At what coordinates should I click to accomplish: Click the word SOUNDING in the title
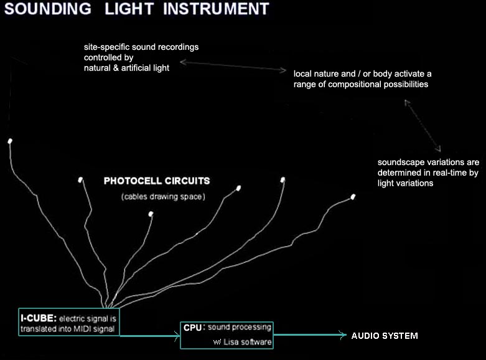pos(48,8)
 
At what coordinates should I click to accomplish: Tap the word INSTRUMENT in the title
pos(216,8)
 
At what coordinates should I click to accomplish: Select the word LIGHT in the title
pos(129,8)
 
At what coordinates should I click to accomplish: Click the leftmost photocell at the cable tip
pos(10,141)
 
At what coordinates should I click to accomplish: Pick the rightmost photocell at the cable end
pos(353,197)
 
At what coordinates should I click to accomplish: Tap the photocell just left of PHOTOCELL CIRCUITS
pos(81,180)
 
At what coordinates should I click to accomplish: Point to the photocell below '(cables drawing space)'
pos(151,214)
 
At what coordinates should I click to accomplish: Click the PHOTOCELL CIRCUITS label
pos(157,181)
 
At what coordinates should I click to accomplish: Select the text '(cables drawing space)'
pos(163,197)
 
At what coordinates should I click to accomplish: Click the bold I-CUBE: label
pos(39,318)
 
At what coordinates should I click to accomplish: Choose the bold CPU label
pos(192,328)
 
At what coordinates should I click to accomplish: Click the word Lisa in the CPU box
pos(231,342)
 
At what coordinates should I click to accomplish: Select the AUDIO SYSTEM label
pos(385,336)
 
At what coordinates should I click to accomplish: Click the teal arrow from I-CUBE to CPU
pos(150,336)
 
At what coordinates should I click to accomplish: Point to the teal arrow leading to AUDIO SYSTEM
pos(310,334)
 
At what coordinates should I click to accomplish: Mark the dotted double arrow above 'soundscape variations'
pos(423,126)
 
